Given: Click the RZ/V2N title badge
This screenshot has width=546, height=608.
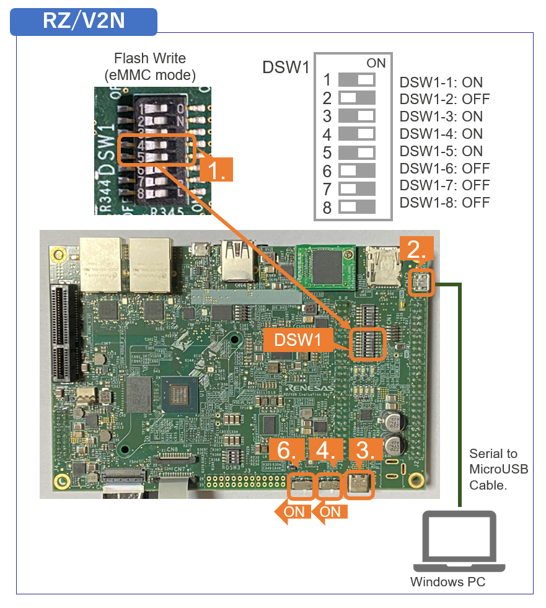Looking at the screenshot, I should click(84, 21).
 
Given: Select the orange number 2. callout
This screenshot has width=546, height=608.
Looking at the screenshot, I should click(416, 249).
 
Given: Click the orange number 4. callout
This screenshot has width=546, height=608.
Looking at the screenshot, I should click(326, 451).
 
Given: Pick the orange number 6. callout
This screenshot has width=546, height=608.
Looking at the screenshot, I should click(286, 451).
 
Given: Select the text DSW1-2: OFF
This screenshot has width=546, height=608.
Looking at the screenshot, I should click(444, 99).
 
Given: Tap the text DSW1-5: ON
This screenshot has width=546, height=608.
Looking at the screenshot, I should click(441, 151).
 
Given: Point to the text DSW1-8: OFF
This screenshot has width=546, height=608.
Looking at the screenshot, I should click(444, 203).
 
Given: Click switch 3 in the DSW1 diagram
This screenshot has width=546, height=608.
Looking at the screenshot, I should click(358, 116).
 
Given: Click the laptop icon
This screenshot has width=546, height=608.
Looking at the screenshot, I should click(459, 542).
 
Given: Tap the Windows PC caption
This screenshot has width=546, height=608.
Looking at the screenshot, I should click(447, 582).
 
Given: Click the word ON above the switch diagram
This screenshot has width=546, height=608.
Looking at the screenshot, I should click(376, 63).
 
